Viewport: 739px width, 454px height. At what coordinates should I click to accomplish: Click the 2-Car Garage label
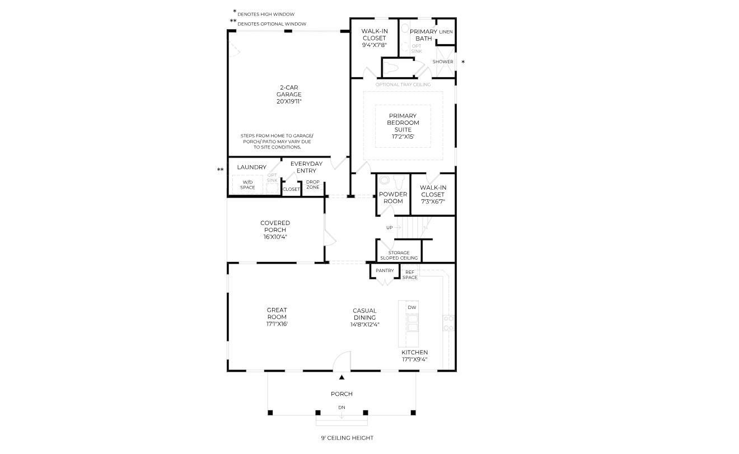point(289,91)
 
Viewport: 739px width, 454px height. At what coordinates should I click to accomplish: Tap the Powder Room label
point(393,198)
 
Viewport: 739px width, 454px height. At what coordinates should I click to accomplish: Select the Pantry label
point(385,270)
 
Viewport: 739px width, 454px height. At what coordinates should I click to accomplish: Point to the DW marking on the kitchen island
point(411,307)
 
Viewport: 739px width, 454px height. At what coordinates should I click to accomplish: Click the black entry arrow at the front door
point(342,377)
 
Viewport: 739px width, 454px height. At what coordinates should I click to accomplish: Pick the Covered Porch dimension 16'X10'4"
point(275,237)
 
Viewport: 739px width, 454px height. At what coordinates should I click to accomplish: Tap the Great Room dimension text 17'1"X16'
point(277,324)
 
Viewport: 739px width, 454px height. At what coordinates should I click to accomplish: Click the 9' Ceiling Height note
point(347,438)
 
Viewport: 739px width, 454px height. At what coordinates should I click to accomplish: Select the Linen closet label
point(446,32)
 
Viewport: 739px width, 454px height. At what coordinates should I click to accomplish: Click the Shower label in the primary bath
point(443,62)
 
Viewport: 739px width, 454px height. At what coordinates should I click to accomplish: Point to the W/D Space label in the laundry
point(247,185)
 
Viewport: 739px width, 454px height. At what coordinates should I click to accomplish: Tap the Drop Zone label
point(313,184)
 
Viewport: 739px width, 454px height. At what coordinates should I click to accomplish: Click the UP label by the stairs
point(389,228)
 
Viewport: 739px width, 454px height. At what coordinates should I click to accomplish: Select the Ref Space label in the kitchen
point(410,275)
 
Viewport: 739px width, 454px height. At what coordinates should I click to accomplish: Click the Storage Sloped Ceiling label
point(399,255)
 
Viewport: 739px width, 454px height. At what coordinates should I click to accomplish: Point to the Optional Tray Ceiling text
point(403,85)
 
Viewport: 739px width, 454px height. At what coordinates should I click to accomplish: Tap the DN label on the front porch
point(342,408)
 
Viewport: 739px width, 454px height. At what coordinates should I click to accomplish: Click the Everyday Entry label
point(306,167)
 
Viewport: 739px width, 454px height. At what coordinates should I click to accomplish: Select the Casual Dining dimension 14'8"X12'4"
point(364,325)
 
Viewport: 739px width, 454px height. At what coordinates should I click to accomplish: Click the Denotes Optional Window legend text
point(272,24)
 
